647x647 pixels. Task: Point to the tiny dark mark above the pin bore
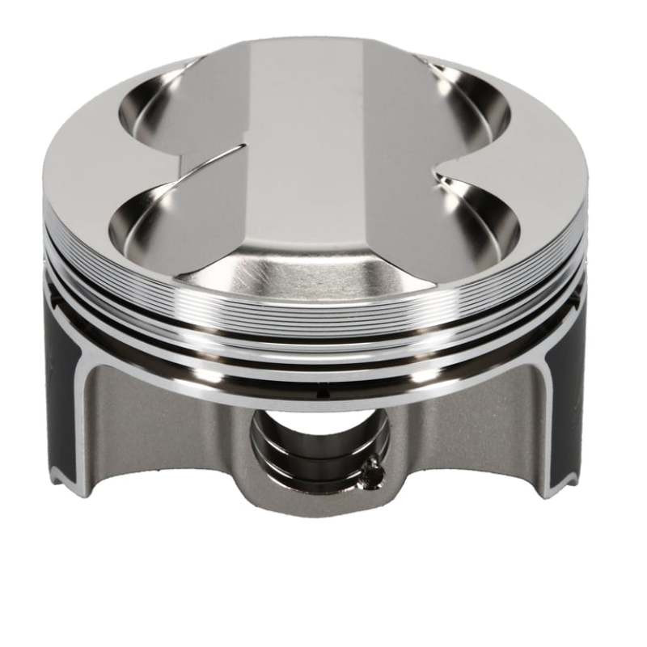click(x=321, y=393)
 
